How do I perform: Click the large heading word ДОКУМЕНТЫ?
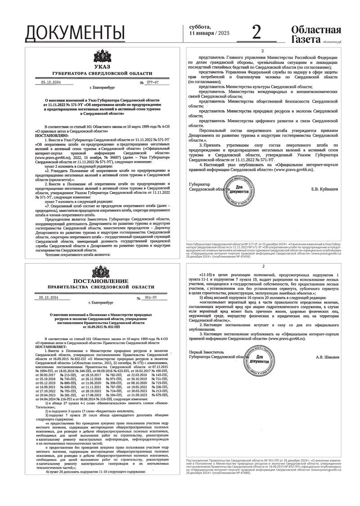[x=75, y=32]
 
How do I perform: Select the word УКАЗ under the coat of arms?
[x=102, y=67]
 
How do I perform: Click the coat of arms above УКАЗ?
[x=102, y=57]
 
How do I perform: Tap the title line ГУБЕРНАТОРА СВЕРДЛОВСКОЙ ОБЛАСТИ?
[x=102, y=73]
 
